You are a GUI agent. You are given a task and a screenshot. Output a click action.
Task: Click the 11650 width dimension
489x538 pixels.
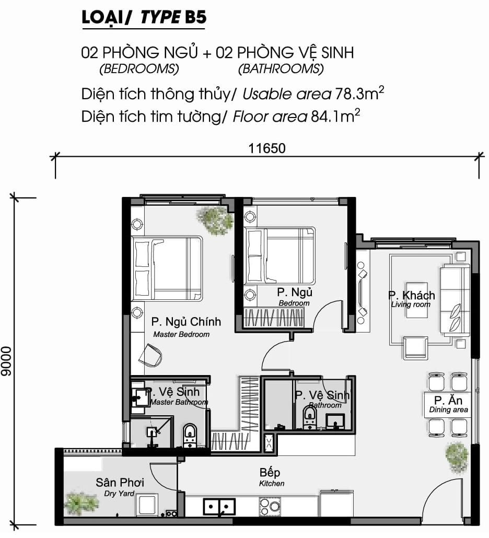pyautogui.click(x=266, y=148)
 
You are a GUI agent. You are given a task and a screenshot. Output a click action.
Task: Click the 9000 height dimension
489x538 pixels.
pyautogui.click(x=6, y=361)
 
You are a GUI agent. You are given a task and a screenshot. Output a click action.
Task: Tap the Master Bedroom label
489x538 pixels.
pyautogui.click(x=181, y=334)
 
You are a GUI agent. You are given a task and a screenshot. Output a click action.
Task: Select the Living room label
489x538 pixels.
pyautogui.click(x=411, y=305)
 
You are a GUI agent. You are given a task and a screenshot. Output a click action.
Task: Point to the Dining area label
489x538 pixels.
pyautogui.click(x=448, y=410)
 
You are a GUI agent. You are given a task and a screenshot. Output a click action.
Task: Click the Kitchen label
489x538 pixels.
pyautogui.click(x=272, y=484)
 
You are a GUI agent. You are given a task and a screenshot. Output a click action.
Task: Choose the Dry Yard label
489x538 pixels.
pyautogui.click(x=119, y=494)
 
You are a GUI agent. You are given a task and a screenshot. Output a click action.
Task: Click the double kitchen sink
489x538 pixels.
pyautogui.click(x=219, y=507)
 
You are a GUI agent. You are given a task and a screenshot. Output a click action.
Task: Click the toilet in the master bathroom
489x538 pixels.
pyautogui.click(x=190, y=435)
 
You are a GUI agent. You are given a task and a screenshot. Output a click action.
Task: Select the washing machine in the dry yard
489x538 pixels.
pyautogui.click(x=147, y=505)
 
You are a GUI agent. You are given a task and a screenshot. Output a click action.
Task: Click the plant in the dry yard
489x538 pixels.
pyautogui.click(x=80, y=504)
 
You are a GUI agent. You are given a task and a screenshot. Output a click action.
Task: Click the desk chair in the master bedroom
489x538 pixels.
pyautogui.click(x=151, y=355)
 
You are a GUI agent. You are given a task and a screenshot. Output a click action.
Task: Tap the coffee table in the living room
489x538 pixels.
pyautogui.click(x=416, y=300)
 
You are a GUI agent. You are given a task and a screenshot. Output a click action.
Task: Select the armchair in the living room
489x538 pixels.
pyautogui.click(x=415, y=347)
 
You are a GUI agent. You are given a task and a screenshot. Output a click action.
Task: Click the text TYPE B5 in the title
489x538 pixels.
pyautogui.click(x=173, y=17)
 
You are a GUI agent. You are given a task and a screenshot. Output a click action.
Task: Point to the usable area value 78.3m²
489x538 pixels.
pyautogui.click(x=359, y=93)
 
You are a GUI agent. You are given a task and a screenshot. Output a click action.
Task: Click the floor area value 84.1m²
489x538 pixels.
pyautogui.click(x=335, y=116)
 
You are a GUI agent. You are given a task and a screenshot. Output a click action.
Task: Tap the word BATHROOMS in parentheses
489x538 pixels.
pyautogui.click(x=281, y=69)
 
